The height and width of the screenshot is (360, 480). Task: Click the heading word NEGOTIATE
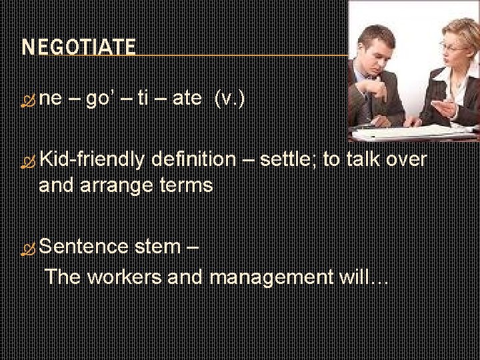point(79,47)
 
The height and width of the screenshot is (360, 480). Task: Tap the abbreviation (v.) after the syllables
point(229,99)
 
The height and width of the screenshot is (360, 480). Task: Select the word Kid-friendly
point(92,160)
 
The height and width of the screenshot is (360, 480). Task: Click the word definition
point(193,160)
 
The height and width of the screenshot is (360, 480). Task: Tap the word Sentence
point(85,247)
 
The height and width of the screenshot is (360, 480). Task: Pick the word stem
point(157,247)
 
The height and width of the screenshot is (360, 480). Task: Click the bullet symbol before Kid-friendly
point(28,161)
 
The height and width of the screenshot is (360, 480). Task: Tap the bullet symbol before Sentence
point(28,248)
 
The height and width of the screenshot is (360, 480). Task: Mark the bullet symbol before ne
point(28,100)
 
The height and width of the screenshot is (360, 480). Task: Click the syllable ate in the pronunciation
point(187,99)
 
